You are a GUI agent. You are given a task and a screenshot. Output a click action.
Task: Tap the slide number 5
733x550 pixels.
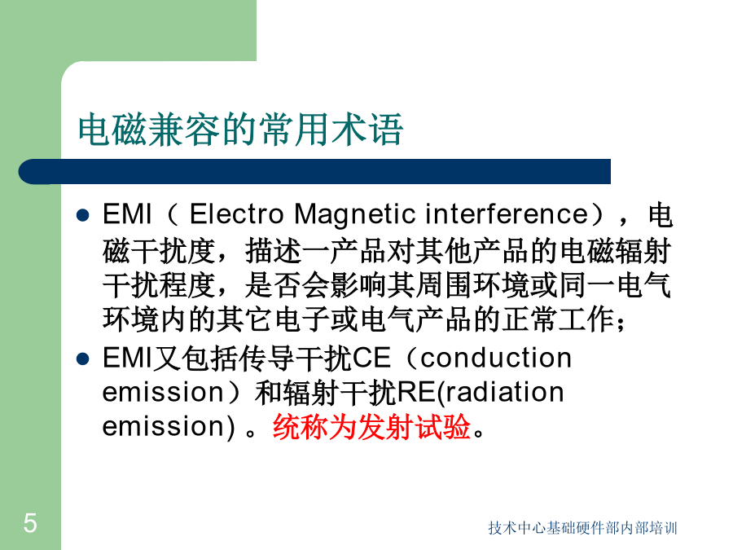[x=30, y=523]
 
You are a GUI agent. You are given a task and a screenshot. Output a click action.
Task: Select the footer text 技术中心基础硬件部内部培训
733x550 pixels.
[x=582, y=528]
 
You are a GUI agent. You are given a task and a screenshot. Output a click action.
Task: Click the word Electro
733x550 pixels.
[x=236, y=214]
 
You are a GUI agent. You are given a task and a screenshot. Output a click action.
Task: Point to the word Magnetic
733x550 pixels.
[x=355, y=215]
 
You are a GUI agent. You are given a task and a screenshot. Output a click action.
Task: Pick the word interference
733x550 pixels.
[x=507, y=214]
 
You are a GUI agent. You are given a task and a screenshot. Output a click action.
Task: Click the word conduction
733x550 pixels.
[x=496, y=359]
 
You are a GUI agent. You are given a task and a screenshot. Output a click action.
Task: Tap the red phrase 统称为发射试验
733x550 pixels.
[x=371, y=426]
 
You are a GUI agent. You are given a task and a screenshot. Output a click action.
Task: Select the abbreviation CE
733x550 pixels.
[x=371, y=359]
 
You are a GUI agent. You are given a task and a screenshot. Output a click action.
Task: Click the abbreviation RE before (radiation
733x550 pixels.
[x=415, y=392]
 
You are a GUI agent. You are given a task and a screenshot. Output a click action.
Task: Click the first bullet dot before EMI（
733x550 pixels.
[x=83, y=215]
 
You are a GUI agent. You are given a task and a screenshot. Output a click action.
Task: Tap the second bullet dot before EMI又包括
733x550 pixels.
[x=83, y=359]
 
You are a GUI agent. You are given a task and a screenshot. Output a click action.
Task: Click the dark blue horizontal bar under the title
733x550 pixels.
[x=314, y=171]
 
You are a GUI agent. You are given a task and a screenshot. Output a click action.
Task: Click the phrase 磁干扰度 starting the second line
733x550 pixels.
[x=159, y=251]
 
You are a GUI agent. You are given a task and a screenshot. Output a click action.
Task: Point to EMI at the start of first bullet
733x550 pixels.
[x=127, y=214]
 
